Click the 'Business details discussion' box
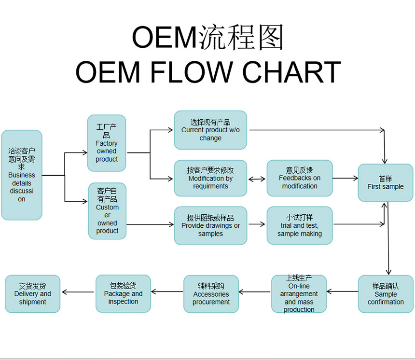[22, 175]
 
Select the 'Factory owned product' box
[107, 143]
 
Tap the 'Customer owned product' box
[107, 211]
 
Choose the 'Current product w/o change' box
[210, 130]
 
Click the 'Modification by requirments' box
[210, 178]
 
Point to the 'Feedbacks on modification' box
[300, 178]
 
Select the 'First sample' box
[386, 182]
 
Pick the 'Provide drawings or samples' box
[210, 225]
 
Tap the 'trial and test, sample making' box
[300, 225]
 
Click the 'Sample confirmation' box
[386, 294]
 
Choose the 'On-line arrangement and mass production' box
[299, 294]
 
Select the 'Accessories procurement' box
[211, 294]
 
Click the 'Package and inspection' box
[123, 293]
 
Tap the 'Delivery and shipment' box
[32, 294]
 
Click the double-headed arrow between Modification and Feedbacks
[257, 179]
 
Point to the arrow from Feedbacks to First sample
[345, 178]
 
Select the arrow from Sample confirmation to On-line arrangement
[343, 291]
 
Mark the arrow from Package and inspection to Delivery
[78, 292]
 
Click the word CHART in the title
[291, 72]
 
